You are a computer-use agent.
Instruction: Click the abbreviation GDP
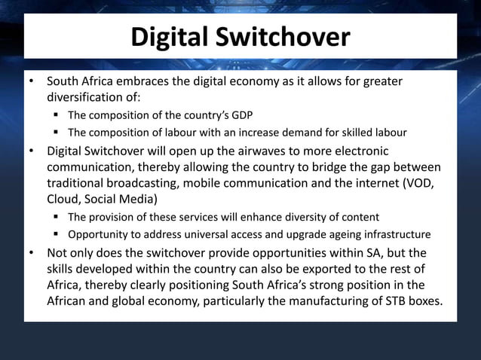[240, 115]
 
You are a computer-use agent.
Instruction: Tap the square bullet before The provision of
[57, 217]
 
